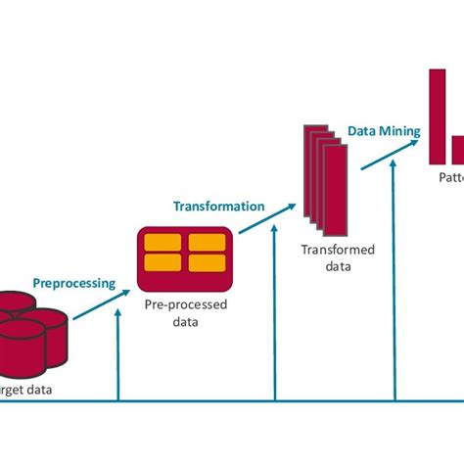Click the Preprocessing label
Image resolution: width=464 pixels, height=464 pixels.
pyautogui.click(x=74, y=284)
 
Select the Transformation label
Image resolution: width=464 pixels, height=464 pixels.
pyautogui.click(x=218, y=207)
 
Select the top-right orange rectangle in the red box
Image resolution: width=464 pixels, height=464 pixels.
pyautogui.click(x=207, y=243)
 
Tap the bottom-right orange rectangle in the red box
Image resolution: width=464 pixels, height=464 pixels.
pyautogui.click(x=207, y=262)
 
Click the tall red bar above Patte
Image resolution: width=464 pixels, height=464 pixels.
pyautogui.click(x=439, y=116)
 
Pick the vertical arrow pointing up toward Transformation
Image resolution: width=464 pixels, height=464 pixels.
pyautogui.click(x=275, y=313)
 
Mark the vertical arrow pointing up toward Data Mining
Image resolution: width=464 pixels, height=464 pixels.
pyautogui.click(x=394, y=284)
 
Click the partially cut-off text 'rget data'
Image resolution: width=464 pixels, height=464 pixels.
pyautogui.click(x=26, y=390)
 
